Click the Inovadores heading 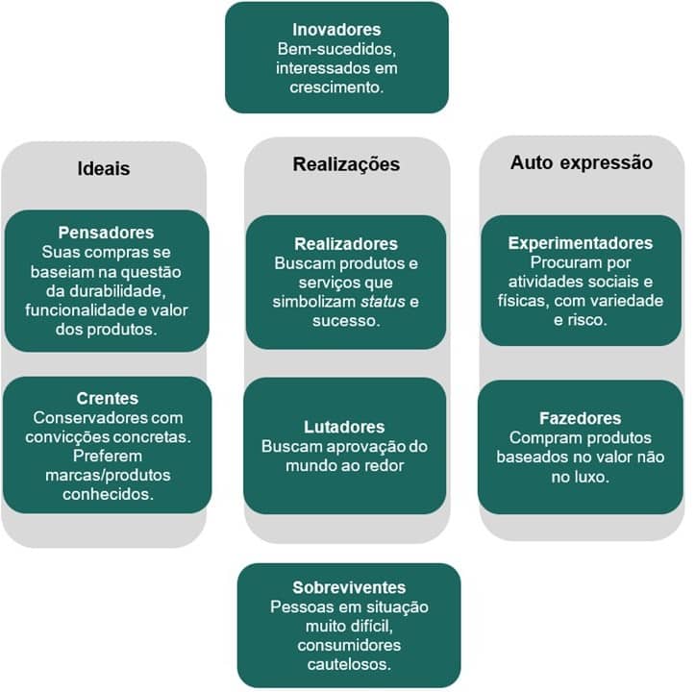[336, 30]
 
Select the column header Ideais [104, 169]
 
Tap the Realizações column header [346, 164]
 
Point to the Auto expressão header [581, 162]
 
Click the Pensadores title [106, 233]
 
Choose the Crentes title [108, 399]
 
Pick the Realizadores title [346, 244]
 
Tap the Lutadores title [344, 427]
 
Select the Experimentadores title [581, 243]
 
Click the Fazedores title [581, 418]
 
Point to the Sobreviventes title [349, 588]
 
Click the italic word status [383, 302]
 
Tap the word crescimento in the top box [336, 87]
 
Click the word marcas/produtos [108, 476]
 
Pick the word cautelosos [349, 664]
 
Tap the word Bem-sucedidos [336, 49]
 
